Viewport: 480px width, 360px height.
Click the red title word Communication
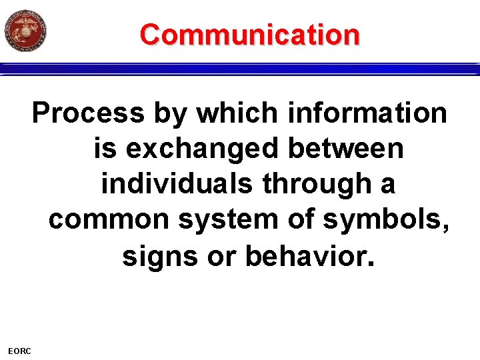[250, 34]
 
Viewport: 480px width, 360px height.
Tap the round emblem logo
[25, 31]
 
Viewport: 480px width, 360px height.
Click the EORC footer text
[19, 351]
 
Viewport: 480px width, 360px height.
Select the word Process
[88, 113]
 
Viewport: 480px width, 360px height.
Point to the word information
[368, 113]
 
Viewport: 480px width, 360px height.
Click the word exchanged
[203, 148]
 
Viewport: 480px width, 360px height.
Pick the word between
[346, 148]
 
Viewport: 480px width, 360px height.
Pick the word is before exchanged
[105, 148]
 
